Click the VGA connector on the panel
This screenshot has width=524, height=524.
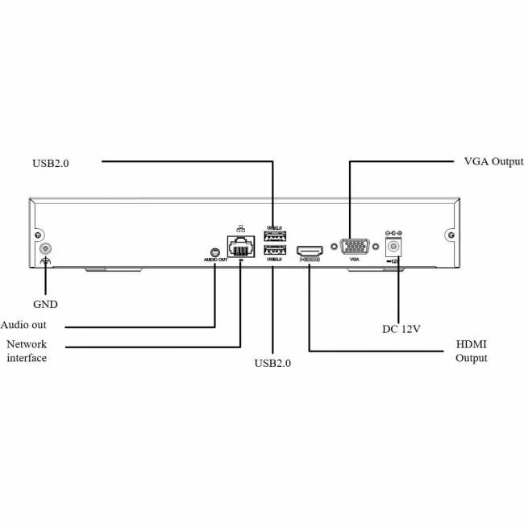pyautogui.click(x=351, y=247)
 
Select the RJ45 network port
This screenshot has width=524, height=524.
pyautogui.click(x=240, y=247)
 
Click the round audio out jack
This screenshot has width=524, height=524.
pyautogui.click(x=214, y=251)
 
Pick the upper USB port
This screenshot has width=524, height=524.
pyautogui.click(x=275, y=236)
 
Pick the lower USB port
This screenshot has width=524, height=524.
pyautogui.click(x=275, y=249)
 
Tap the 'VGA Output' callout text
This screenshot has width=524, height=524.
pyautogui.click(x=494, y=162)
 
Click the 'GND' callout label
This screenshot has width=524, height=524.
pyautogui.click(x=45, y=305)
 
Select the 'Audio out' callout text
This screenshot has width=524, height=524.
pyautogui.click(x=23, y=325)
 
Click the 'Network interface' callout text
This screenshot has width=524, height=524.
pyautogui.click(x=27, y=351)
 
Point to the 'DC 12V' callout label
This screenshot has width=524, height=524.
pyautogui.click(x=401, y=328)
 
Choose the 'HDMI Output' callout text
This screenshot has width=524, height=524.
pyautogui.click(x=472, y=351)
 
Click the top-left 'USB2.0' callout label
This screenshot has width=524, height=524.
pyautogui.click(x=52, y=162)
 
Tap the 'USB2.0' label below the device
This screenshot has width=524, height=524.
pyautogui.click(x=272, y=363)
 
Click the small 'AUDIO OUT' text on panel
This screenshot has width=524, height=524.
pyautogui.click(x=215, y=260)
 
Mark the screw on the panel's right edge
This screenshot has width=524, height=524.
pyautogui.click(x=450, y=237)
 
